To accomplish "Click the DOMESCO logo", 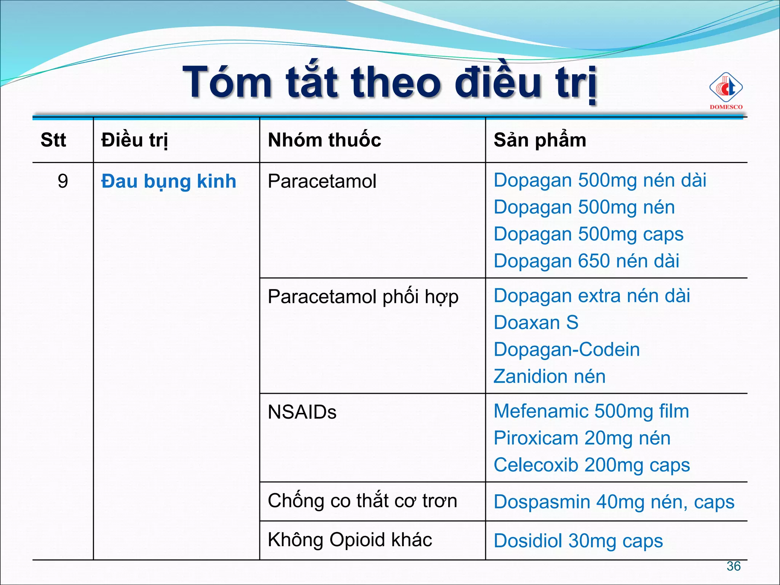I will (726, 91).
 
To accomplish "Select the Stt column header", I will (53, 140).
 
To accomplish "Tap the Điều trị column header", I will (134, 140).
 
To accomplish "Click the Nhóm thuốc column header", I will (324, 140).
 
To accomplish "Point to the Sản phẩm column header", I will (540, 140).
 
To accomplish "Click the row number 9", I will (63, 181).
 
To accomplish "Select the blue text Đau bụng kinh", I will (168, 181).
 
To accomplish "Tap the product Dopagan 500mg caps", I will (588, 234).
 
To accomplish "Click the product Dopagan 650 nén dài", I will (587, 261).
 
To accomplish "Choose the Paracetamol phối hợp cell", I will (363, 297).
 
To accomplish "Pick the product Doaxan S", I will (536, 323).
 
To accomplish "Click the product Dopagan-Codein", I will (567, 350).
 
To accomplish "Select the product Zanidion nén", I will (550, 377).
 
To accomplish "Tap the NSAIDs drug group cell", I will (302, 412).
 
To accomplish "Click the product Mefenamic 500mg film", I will (591, 411).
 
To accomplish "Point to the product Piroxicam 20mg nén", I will (582, 438).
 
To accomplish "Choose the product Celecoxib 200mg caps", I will (592, 465).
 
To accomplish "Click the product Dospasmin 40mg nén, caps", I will (614, 502).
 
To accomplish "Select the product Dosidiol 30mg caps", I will (578, 541).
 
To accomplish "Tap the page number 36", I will (734, 566).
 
